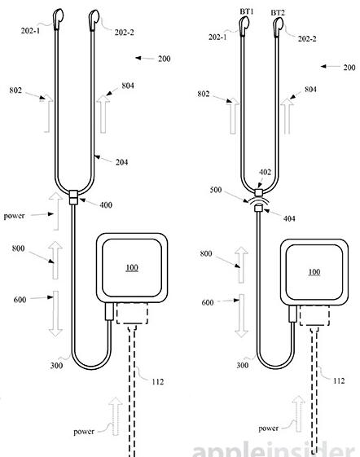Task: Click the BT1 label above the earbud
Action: tap(247, 11)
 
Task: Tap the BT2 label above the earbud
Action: tap(278, 13)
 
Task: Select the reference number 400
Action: tap(106, 205)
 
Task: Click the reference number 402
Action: tap(265, 172)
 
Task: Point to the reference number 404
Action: tap(289, 218)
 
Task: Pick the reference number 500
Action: tap(216, 190)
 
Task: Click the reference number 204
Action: tap(121, 162)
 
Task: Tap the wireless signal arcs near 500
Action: tap(258, 200)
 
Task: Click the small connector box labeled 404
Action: tap(258, 208)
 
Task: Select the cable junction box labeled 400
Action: tap(73, 197)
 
